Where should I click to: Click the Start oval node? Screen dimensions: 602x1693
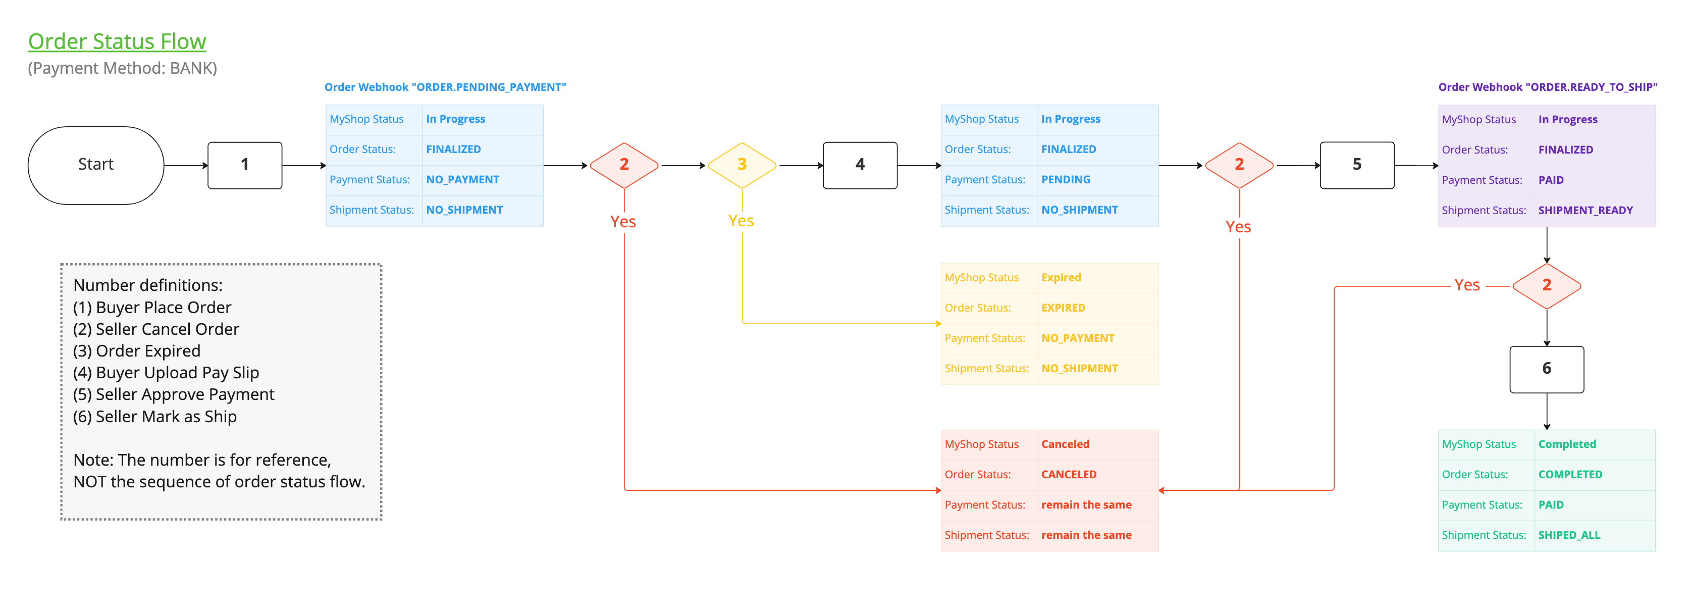tap(96, 165)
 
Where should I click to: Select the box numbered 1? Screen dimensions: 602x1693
tap(244, 165)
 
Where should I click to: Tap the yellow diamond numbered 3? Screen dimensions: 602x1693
tap(742, 165)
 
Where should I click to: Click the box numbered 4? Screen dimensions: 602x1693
tap(860, 165)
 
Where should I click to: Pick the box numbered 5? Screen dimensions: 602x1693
tap(1356, 165)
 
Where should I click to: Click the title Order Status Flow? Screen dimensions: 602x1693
tap(117, 41)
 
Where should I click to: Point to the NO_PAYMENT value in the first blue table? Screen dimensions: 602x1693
tap(462, 179)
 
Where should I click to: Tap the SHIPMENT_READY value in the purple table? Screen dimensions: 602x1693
tap(1584, 210)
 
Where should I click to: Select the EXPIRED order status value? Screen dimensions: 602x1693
tap(1063, 308)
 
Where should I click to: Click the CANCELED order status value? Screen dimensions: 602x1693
tap(1068, 475)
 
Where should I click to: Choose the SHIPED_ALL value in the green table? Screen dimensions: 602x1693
tap(1568, 535)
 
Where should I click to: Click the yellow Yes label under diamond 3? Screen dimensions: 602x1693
tap(740, 221)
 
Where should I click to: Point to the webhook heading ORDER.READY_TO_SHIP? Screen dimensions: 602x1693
tap(1547, 87)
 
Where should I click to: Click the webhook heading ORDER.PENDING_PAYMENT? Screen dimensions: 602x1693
tap(445, 87)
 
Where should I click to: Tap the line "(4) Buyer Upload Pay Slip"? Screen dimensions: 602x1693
tap(166, 373)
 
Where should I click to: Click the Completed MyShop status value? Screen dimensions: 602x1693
tap(1566, 444)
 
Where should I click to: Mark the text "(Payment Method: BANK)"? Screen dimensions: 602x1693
tap(122, 68)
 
